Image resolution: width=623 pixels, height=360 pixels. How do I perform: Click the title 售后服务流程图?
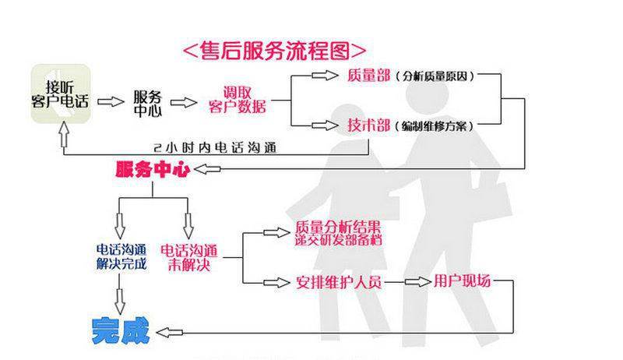pyautogui.click(x=273, y=51)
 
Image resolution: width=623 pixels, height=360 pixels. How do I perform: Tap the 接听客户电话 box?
pyautogui.click(x=62, y=95)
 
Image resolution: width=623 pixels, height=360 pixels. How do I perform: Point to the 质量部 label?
pyautogui.click(x=368, y=76)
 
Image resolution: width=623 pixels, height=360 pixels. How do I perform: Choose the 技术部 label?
pyautogui.click(x=368, y=125)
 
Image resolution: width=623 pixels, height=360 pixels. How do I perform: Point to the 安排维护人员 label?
pyautogui.click(x=339, y=281)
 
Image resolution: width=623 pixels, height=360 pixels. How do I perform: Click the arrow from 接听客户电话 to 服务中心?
pyautogui.click(x=111, y=101)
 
